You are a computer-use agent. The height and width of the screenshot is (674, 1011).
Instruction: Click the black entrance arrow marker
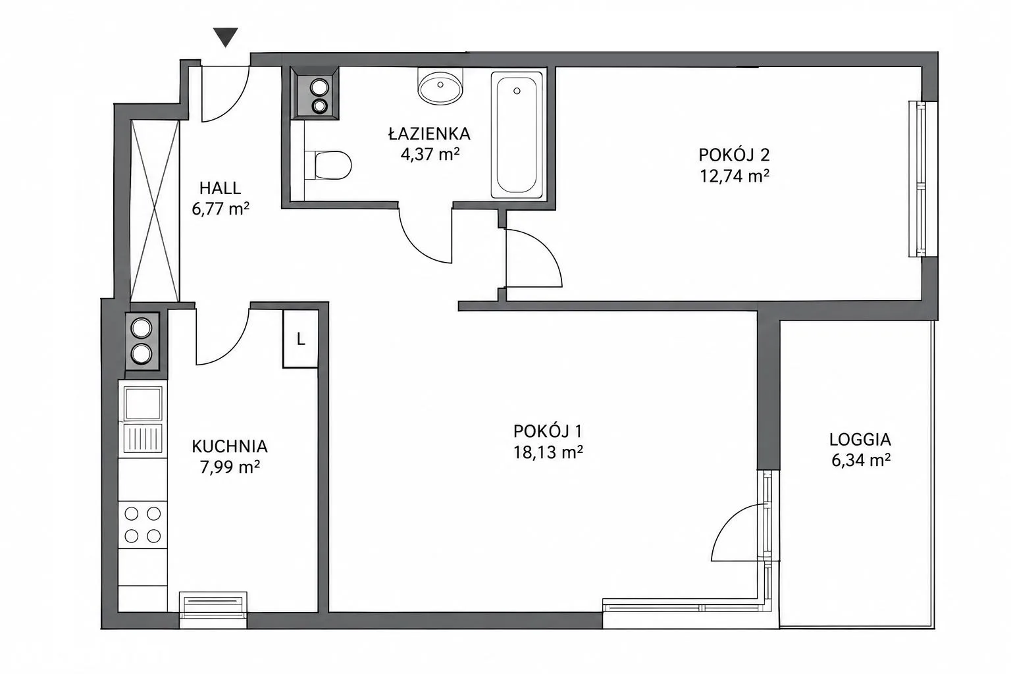coord(226,37)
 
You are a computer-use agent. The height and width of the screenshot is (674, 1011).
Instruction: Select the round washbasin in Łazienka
coord(440,86)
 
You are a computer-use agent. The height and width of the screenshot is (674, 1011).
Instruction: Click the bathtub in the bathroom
coord(517,135)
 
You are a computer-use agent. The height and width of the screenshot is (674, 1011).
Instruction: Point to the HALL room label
coord(220,188)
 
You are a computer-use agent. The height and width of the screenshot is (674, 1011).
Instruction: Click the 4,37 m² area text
coord(430,155)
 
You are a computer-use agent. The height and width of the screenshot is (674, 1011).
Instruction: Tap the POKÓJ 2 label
coord(735,155)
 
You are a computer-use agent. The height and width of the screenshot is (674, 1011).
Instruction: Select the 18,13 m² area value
coord(548,452)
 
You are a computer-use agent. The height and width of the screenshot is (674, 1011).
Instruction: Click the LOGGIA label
coord(860,439)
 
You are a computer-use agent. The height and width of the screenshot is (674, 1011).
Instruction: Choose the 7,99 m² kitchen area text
coord(230,467)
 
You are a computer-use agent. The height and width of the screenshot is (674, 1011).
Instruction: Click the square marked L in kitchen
coord(301,338)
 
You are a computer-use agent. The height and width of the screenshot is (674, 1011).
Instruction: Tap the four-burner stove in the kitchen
coord(143,525)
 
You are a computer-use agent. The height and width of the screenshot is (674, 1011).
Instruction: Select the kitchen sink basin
coord(143,403)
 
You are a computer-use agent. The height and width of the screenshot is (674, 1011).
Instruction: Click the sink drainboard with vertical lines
coord(143,438)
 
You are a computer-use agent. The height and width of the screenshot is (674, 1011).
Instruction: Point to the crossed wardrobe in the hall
coord(155,211)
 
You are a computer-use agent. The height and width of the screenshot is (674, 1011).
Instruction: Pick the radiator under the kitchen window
coord(213,604)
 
